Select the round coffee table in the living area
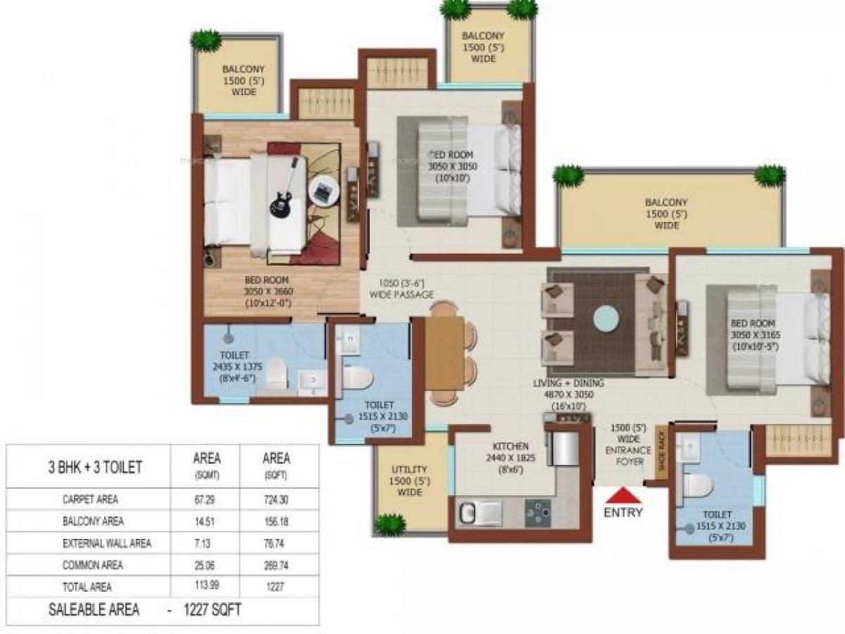click(606, 318)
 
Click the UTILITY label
click(409, 469)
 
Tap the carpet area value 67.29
click(206, 499)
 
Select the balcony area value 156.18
click(276, 522)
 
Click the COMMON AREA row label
click(92, 565)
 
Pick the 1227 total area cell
click(276, 586)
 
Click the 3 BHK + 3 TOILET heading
click(95, 467)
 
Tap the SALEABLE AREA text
click(94, 610)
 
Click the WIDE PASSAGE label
click(403, 294)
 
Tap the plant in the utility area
click(389, 524)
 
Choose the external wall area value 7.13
click(206, 543)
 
